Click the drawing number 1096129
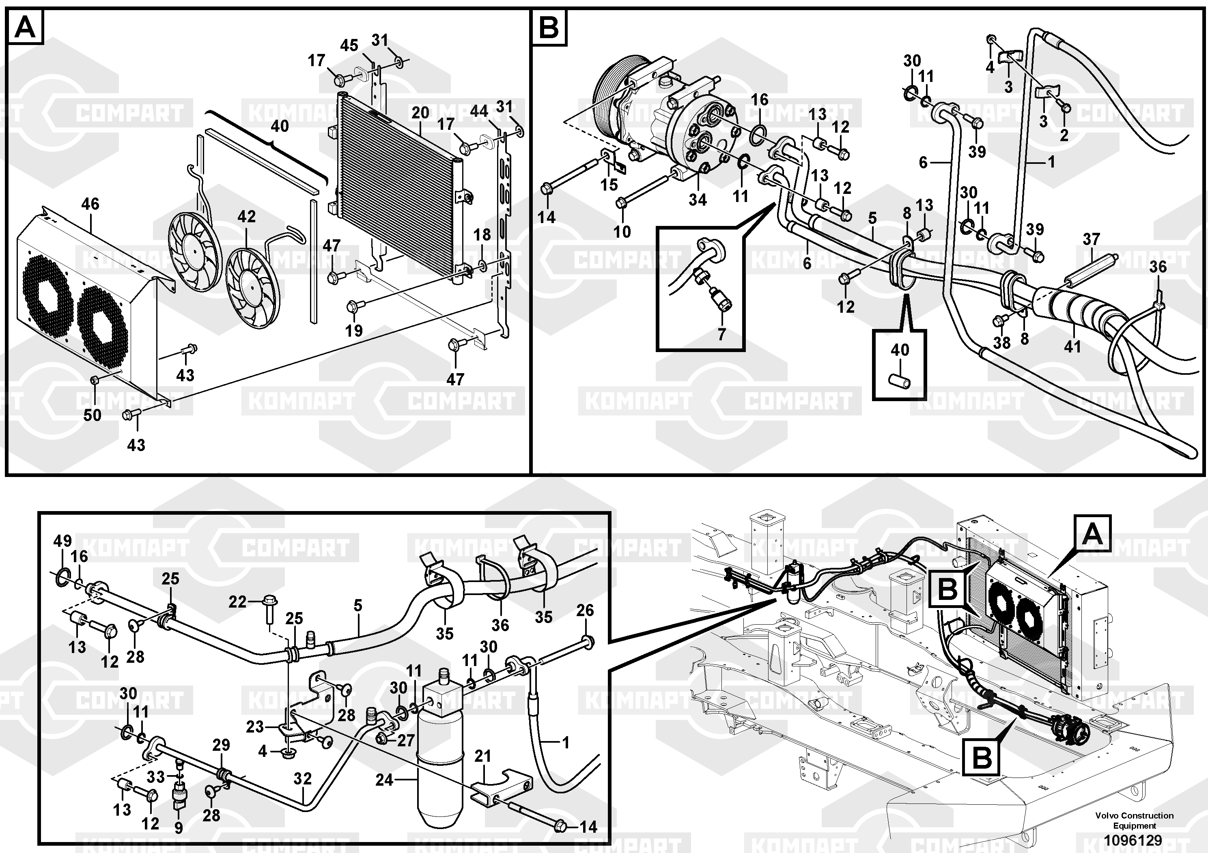coord(1134,840)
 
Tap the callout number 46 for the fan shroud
coord(90,204)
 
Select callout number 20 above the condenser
coord(420,112)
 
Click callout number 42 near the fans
coord(246,216)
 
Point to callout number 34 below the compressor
coord(698,200)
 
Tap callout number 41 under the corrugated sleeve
coord(1072,346)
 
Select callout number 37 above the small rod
coord(1091,239)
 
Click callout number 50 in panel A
coord(92,415)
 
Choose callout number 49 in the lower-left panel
coord(62,541)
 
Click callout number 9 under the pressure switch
coord(179,828)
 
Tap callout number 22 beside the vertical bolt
coord(237,602)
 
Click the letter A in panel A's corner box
coord(25,27)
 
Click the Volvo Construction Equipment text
coord(1134,821)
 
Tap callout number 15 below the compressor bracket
coord(609,185)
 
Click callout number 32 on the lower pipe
coord(303,779)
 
